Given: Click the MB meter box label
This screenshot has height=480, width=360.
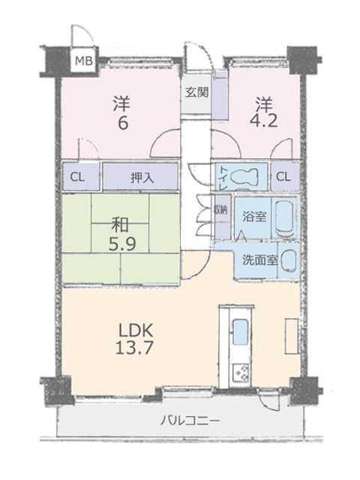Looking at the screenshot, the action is [84, 61].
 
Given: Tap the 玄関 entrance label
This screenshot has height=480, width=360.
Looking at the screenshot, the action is [197, 91].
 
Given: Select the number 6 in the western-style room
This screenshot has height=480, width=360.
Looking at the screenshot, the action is [122, 123].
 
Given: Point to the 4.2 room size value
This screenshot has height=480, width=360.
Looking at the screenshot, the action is [264, 121].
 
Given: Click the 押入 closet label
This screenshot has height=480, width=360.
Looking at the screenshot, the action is [142, 178].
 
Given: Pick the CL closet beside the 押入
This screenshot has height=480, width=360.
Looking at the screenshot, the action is [77, 177].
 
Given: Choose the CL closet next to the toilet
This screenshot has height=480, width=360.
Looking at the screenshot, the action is [283, 177].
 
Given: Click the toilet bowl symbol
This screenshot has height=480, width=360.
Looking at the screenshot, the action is [244, 176].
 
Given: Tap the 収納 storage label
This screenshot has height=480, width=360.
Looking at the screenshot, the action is [222, 210].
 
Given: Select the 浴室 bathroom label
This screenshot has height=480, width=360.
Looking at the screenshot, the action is [254, 217].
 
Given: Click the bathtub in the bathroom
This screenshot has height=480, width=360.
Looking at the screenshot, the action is [285, 217].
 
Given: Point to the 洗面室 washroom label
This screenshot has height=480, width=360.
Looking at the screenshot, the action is [260, 260].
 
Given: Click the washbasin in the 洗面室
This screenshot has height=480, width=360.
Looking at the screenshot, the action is [289, 260].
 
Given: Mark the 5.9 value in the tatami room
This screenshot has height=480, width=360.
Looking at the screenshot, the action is [122, 244].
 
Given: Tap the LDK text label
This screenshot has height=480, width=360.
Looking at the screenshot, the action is [136, 331].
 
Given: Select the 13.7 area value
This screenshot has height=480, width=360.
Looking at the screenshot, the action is [134, 348].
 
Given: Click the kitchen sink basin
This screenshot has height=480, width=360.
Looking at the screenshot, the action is [240, 332].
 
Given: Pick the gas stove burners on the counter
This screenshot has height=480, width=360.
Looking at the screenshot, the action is [241, 373].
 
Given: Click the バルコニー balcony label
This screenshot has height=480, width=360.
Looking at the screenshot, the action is [190, 421].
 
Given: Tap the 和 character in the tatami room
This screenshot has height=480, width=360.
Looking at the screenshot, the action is [120, 226].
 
